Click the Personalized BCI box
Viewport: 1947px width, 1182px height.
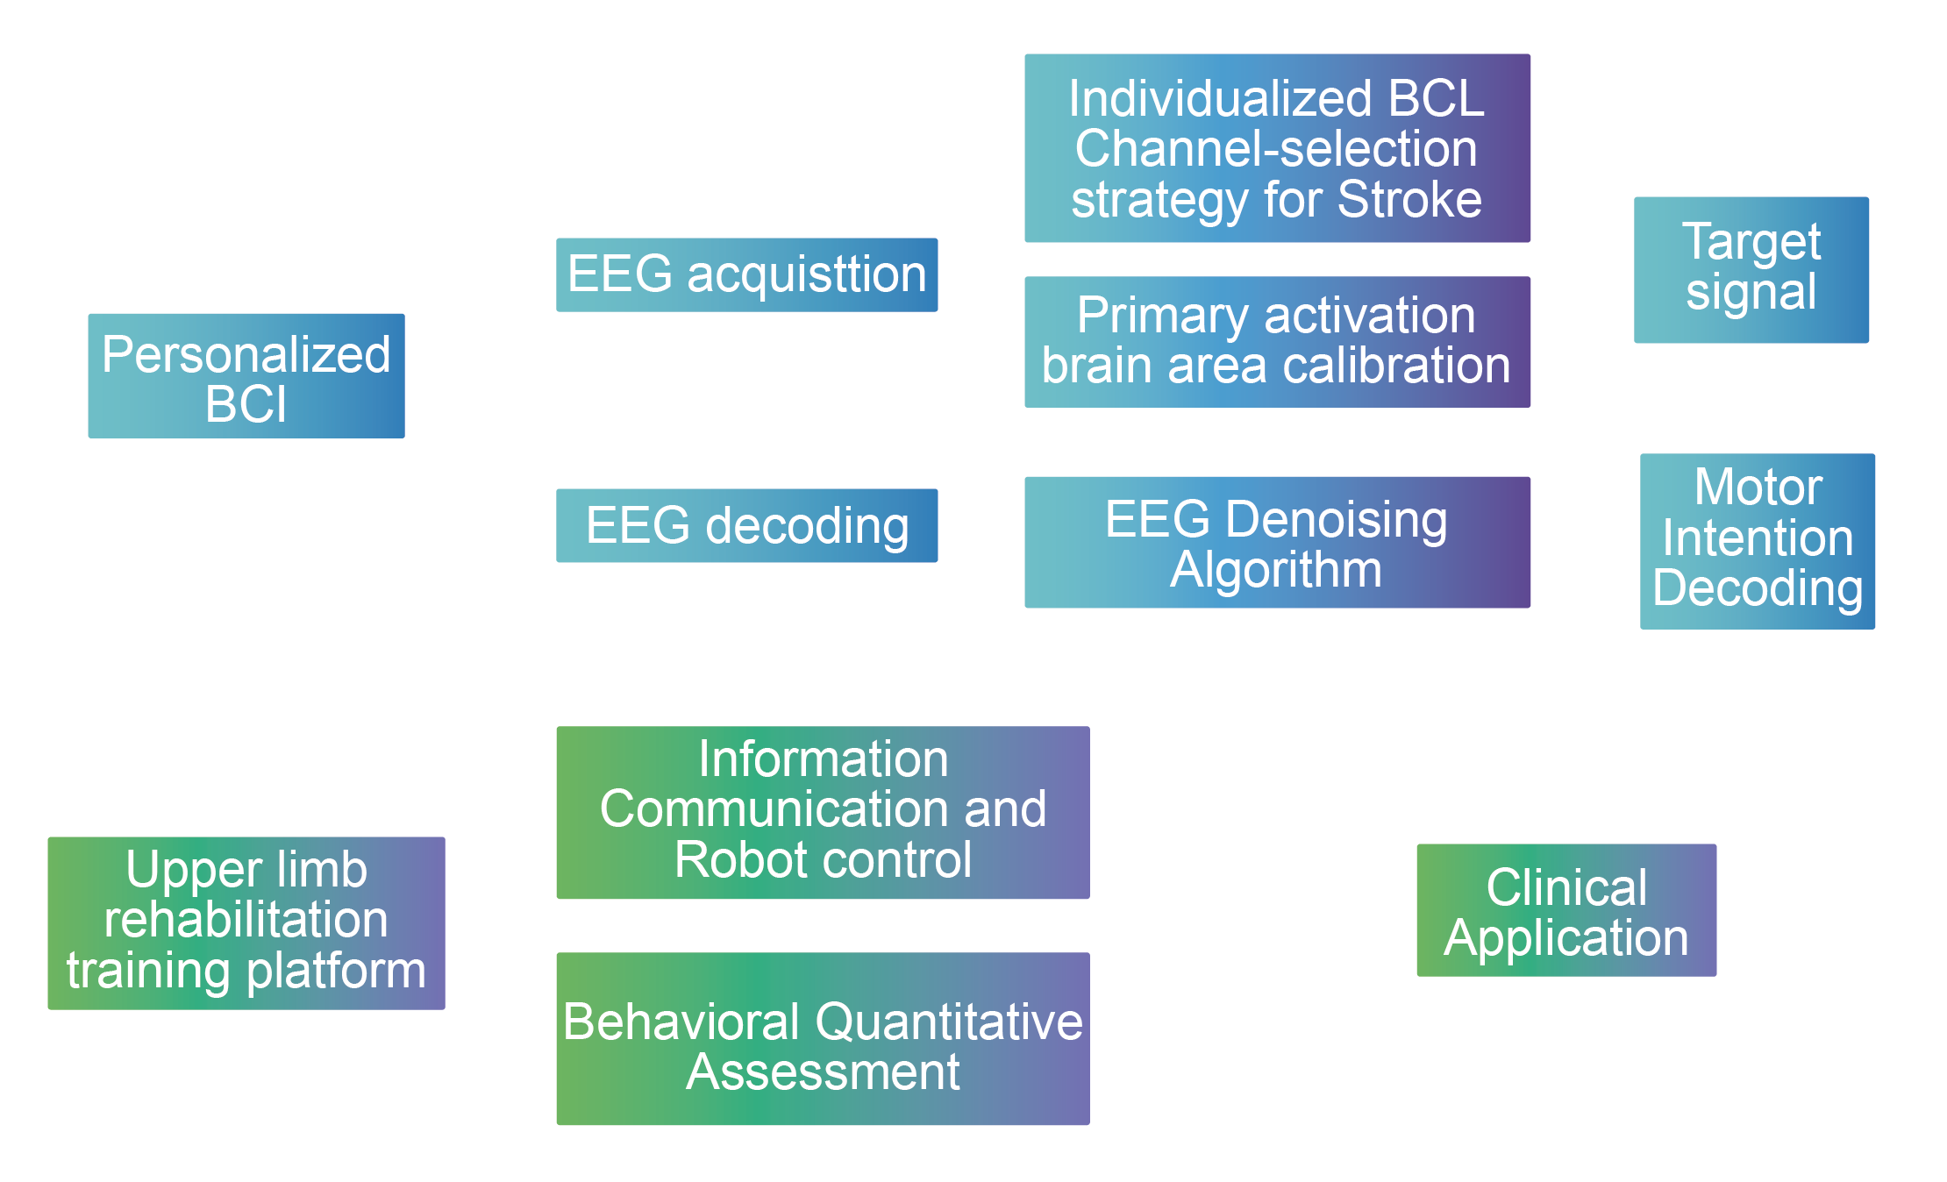[246, 375]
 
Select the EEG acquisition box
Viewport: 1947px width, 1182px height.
[746, 274]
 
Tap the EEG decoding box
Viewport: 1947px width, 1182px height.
[746, 525]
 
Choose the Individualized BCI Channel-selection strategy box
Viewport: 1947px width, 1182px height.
[1277, 148]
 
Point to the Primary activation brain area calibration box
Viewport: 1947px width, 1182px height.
[1277, 341]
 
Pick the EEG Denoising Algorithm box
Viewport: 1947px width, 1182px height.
[1277, 542]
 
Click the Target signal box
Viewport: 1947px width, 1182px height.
[1751, 269]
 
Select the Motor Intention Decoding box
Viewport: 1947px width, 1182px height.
[1757, 540]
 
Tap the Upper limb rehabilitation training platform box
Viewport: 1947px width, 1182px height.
[246, 922]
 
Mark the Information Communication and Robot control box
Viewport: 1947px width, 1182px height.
[823, 812]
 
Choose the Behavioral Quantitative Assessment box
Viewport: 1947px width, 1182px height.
[823, 1038]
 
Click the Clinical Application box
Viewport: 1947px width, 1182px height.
[1566, 910]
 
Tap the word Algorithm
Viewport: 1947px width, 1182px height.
[1276, 569]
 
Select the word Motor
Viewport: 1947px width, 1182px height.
[1758, 487]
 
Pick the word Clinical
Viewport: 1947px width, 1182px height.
[1566, 887]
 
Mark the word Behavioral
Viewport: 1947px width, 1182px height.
[681, 1022]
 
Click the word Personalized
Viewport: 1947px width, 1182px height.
[246, 354]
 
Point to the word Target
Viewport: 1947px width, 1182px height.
[1751, 242]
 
